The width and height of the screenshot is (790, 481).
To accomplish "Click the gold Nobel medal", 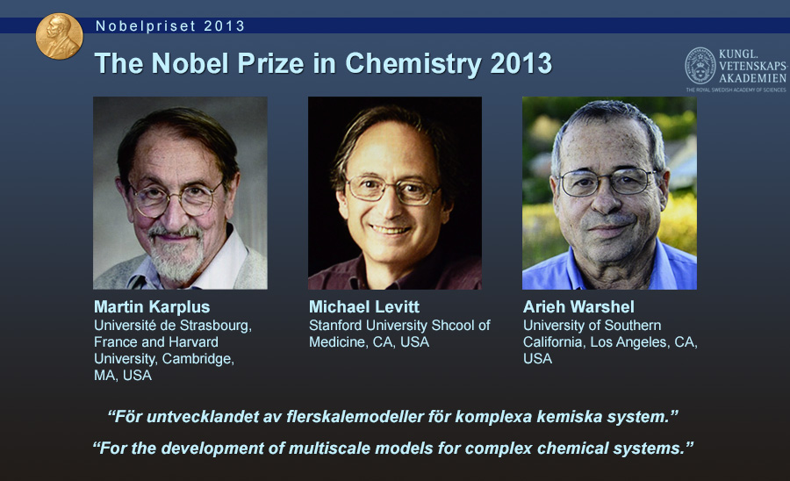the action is [59, 36].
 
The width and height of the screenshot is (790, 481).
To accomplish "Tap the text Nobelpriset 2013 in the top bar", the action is [170, 26].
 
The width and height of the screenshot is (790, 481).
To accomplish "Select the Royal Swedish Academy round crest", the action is [700, 66].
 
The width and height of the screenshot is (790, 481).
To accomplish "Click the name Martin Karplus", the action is [152, 306].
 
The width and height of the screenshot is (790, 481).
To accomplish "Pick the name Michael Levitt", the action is [363, 306].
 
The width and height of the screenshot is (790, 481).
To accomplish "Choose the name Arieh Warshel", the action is [578, 306].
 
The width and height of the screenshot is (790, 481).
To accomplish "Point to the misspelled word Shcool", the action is [453, 326].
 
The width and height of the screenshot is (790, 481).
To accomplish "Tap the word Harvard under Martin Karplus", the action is [194, 342].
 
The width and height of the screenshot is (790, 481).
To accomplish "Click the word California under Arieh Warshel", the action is [554, 342].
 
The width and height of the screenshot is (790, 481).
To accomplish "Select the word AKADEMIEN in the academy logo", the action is [752, 78].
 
